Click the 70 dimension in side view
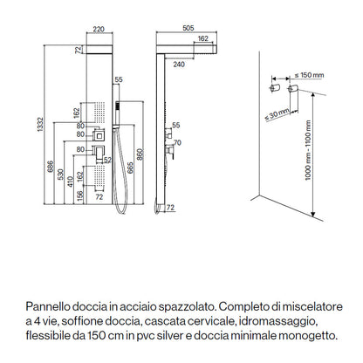click(176, 141)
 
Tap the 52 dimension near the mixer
click(106, 160)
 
